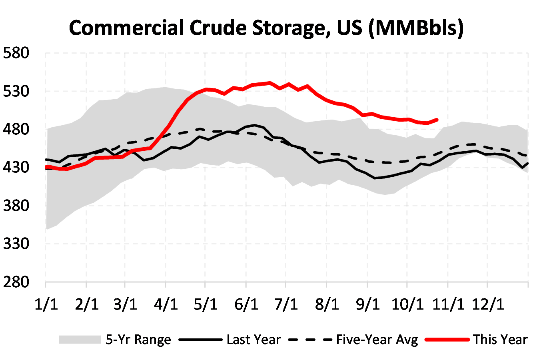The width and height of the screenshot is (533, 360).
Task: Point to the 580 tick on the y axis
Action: [16, 53]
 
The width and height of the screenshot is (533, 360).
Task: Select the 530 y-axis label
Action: [16, 91]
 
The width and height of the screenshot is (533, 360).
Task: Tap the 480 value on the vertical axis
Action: [16, 129]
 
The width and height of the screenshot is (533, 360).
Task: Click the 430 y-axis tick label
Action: [16, 167]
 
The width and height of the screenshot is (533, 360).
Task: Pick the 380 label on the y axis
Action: [16, 206]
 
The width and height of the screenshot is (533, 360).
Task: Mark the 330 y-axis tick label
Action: [16, 244]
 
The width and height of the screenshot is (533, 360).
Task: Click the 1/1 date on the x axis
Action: [46, 304]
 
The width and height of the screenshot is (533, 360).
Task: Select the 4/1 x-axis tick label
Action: [166, 304]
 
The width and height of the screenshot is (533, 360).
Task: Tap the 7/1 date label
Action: [286, 304]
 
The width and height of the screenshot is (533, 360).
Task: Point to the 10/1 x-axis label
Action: [407, 304]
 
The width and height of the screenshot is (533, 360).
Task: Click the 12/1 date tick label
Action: [487, 304]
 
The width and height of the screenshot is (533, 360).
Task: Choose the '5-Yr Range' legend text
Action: [138, 340]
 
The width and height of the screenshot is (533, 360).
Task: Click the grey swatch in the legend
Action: [80, 340]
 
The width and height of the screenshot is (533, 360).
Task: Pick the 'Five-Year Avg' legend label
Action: [377, 340]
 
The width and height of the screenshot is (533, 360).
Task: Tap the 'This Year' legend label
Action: [500, 340]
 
